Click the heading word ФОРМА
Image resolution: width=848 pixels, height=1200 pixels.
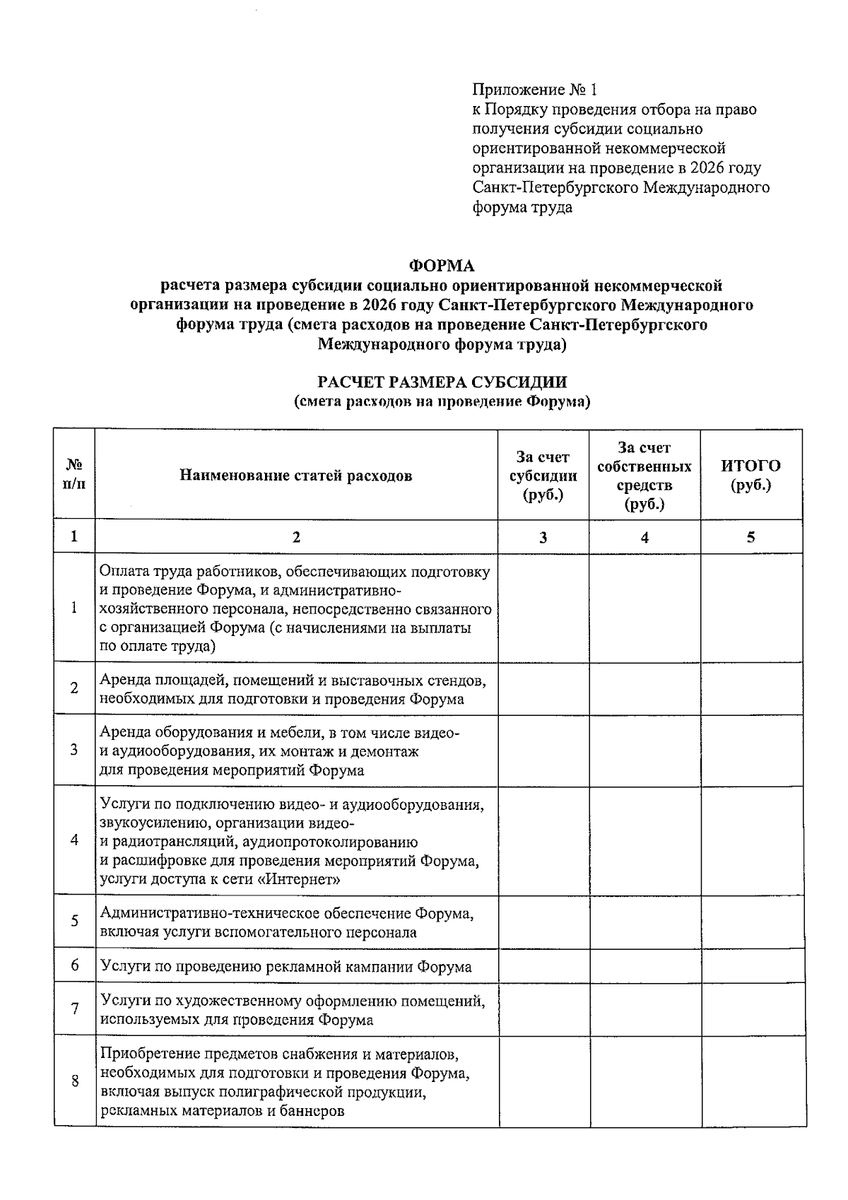[442, 266]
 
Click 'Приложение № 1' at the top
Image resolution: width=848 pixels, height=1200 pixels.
[535, 90]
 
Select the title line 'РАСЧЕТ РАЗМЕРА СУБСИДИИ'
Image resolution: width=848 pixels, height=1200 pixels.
[442, 382]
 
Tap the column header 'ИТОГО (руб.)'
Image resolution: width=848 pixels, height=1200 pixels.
[750, 475]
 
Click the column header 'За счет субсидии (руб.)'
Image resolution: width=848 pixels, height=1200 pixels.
[543, 475]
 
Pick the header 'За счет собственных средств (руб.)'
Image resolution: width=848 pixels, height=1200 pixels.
[644, 475]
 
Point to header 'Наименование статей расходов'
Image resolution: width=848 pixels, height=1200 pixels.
[295, 475]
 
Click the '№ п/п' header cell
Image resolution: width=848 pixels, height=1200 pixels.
[74, 475]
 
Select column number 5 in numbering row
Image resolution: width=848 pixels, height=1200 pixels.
[750, 537]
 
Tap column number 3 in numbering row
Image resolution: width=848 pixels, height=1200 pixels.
[543, 537]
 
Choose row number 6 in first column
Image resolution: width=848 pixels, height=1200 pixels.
[74, 965]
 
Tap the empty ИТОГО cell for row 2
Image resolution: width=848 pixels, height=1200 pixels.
[750, 688]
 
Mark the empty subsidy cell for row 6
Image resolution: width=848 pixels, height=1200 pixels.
[543, 965]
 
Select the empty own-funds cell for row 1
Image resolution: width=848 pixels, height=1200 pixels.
[644, 608]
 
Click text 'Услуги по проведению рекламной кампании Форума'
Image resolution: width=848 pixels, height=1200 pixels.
[285, 967]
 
